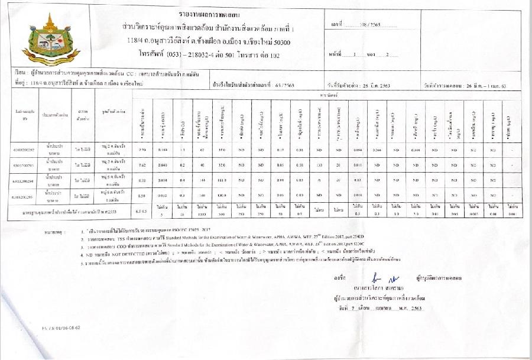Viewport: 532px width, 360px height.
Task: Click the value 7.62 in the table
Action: click(x=142, y=166)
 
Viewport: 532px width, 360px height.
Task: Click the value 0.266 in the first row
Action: click(x=377, y=151)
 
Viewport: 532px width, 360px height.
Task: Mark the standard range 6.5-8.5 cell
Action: click(x=142, y=211)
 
